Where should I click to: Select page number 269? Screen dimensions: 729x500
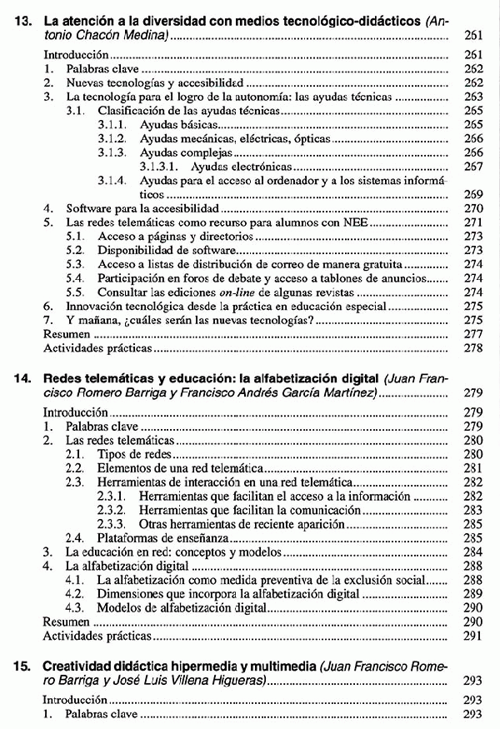(472, 192)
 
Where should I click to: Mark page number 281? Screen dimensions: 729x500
(472, 467)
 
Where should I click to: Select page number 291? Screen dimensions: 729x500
(472, 636)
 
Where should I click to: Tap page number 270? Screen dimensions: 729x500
(472, 207)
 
